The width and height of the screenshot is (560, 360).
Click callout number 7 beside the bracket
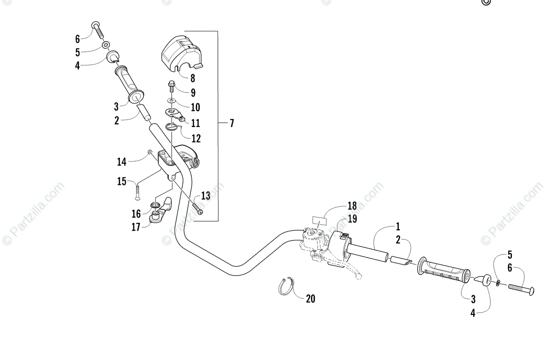tap(232, 124)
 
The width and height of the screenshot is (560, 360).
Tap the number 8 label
tap(192, 79)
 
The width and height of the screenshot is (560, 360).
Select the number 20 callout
tap(310, 299)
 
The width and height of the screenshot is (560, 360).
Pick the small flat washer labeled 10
tap(172, 100)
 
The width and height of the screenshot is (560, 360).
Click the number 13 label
tap(206, 196)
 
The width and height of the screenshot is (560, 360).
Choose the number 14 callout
tap(122, 162)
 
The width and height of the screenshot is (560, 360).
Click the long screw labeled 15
tap(138, 191)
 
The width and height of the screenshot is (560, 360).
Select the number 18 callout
tap(352, 206)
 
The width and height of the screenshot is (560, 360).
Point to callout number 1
tap(398, 227)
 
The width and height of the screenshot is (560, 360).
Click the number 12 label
tap(196, 138)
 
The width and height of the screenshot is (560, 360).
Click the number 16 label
tap(136, 214)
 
